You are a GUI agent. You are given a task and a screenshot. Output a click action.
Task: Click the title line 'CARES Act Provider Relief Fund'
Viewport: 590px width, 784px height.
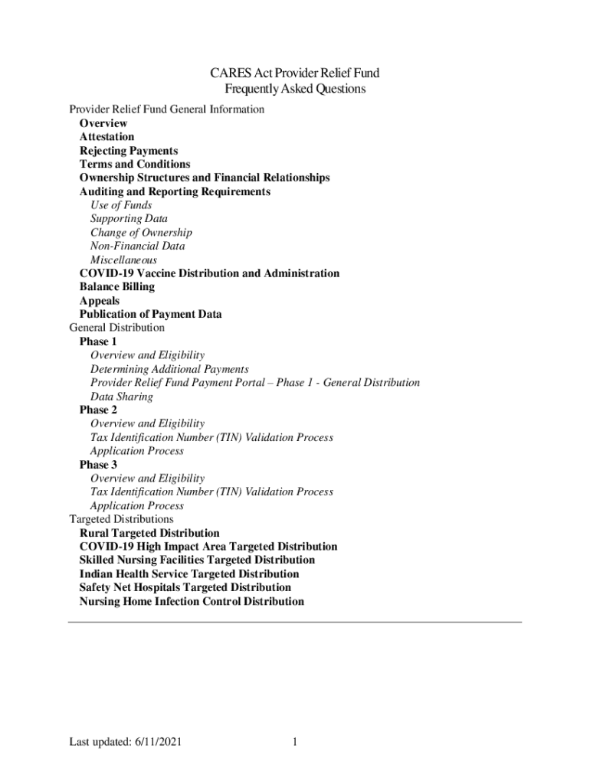pyautogui.click(x=295, y=73)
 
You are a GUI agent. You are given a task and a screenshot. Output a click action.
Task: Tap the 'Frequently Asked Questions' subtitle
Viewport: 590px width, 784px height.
pyautogui.click(x=295, y=89)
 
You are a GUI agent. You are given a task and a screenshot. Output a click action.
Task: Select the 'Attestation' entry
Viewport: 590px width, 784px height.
pyautogui.click(x=107, y=137)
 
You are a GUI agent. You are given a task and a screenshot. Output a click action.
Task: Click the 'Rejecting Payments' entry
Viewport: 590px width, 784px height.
pyautogui.click(x=129, y=151)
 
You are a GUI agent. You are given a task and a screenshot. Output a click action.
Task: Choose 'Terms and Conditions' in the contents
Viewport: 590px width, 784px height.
pyautogui.click(x=135, y=164)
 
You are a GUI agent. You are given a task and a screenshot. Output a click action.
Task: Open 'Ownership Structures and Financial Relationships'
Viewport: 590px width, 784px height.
pyautogui.click(x=205, y=178)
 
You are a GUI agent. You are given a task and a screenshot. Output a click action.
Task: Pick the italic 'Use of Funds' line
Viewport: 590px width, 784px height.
pyautogui.click(x=121, y=205)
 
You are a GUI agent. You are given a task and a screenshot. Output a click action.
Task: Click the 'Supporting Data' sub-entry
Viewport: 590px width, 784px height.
pyautogui.click(x=129, y=219)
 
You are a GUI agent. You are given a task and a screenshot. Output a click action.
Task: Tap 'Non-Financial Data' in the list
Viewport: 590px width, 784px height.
pyautogui.click(x=137, y=247)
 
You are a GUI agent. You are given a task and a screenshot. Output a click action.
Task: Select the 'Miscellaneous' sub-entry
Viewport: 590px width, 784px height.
pyautogui.click(x=123, y=260)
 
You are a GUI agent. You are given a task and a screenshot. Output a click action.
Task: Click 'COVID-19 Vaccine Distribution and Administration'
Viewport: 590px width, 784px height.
pyautogui.click(x=209, y=273)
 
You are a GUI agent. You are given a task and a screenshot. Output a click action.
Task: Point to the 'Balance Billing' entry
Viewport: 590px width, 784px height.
pyautogui.click(x=117, y=287)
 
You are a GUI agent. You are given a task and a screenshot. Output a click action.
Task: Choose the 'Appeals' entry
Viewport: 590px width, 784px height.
pyautogui.click(x=100, y=301)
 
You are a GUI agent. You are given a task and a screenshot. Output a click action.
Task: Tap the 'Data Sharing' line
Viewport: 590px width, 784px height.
pyautogui.click(x=122, y=397)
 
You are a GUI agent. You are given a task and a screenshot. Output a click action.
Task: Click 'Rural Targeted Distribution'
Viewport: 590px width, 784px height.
pyautogui.click(x=149, y=533)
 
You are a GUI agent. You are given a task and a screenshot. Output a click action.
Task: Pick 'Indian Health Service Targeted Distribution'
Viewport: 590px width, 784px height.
pyautogui.click(x=189, y=574)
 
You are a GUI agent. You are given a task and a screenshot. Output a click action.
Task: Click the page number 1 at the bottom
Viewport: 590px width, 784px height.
pyautogui.click(x=295, y=743)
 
